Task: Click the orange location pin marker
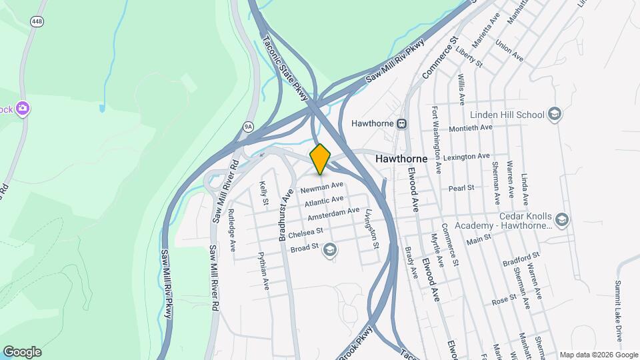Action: point(321,158)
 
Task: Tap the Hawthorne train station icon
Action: point(402,123)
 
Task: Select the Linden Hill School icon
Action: point(554,115)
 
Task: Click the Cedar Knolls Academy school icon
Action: point(562,219)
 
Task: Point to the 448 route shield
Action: point(37,22)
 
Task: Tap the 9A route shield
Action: point(249,125)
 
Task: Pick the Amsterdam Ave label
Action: point(334,214)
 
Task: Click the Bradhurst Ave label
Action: point(286,214)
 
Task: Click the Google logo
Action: point(22,352)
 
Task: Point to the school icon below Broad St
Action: point(329,250)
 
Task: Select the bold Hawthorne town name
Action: point(401,159)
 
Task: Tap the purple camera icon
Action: point(23,108)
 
